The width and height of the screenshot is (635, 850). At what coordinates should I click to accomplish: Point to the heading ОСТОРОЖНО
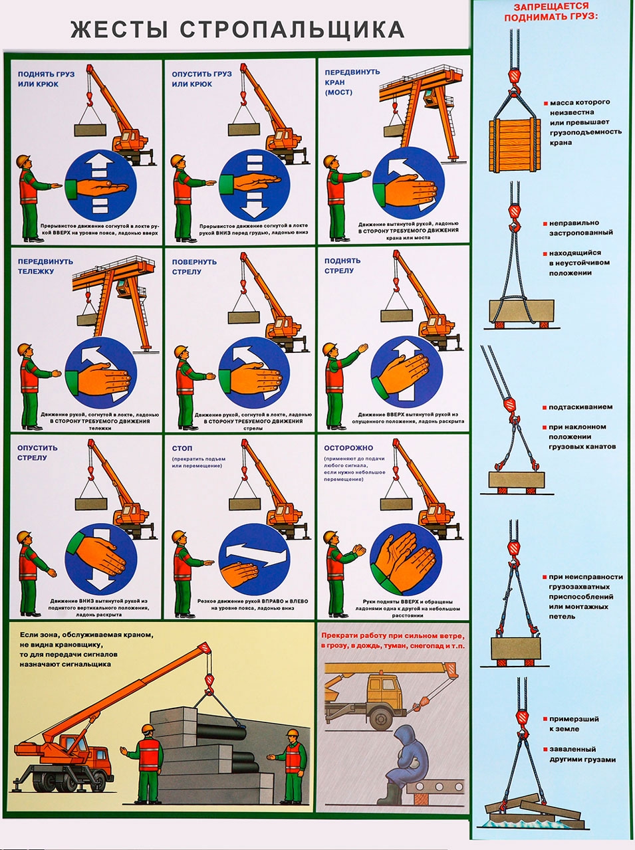click(348, 448)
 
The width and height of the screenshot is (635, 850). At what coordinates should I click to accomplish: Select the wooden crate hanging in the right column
click(513, 146)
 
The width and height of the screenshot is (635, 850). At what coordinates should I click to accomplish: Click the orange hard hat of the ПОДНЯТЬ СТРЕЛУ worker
click(329, 350)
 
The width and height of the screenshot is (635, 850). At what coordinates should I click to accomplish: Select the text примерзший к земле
click(572, 724)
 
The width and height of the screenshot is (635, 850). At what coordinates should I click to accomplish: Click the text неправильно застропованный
click(580, 228)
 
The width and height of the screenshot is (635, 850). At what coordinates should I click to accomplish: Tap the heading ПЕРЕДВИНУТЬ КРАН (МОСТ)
click(352, 82)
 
